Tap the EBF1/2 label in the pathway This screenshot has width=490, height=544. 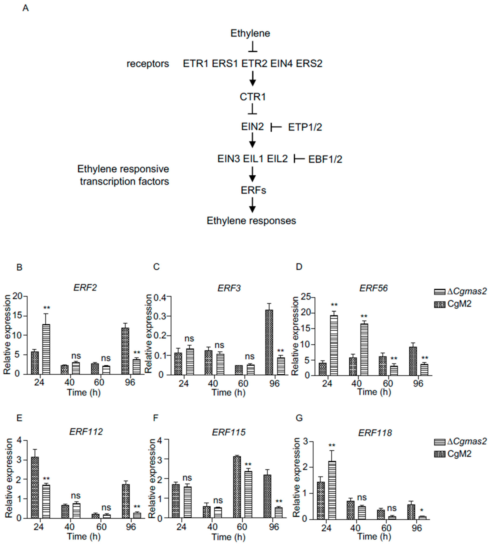[325, 159]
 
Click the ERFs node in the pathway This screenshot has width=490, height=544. [253, 190]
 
